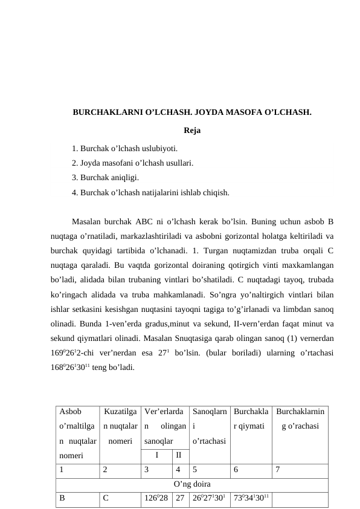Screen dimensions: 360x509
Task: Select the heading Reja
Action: coord(191,130)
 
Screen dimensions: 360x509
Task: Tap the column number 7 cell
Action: coord(277,468)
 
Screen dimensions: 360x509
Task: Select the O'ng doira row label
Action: coord(191,483)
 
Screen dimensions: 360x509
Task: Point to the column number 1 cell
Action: coord(62,468)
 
